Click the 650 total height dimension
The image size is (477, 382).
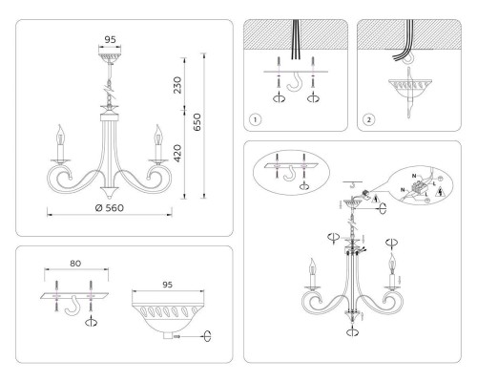[197, 123]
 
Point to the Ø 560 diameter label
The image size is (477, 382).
[110, 207]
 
